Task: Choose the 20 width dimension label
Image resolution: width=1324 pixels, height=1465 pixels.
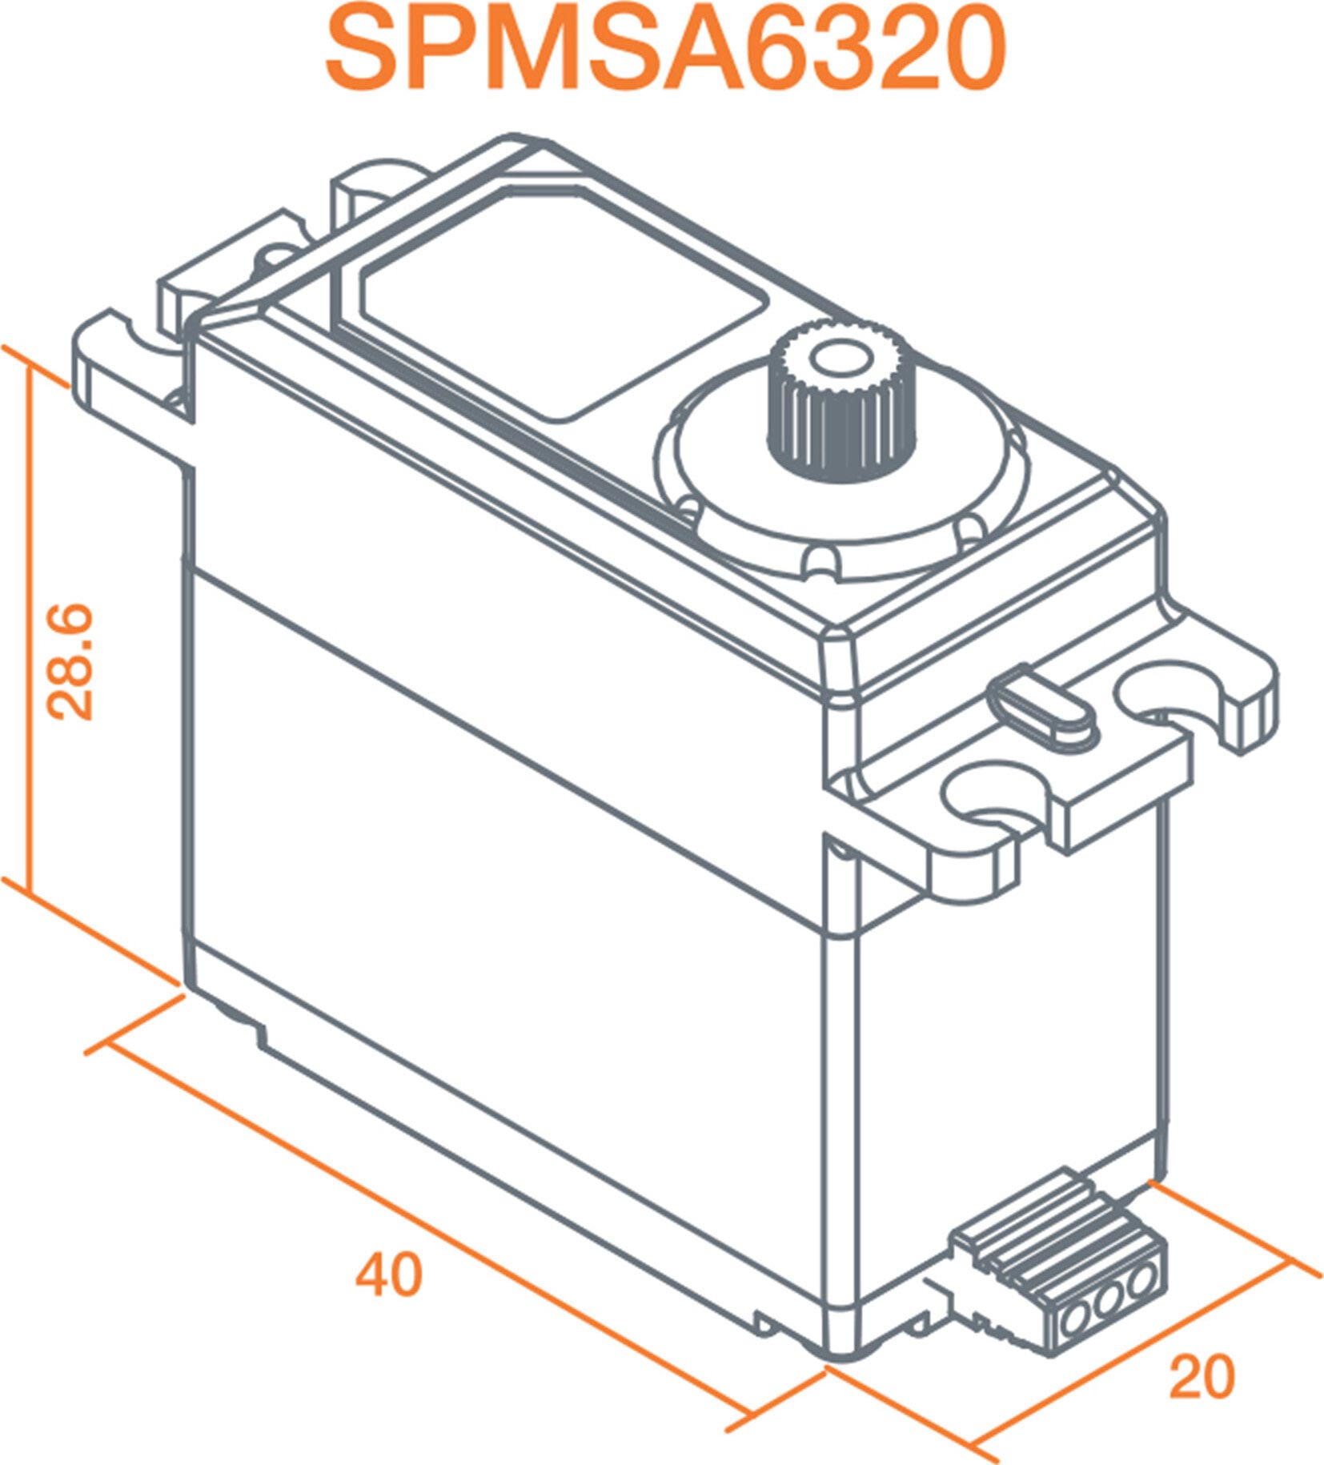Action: [x=1202, y=1377]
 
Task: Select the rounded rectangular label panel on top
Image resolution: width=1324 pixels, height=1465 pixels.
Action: [x=564, y=304]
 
